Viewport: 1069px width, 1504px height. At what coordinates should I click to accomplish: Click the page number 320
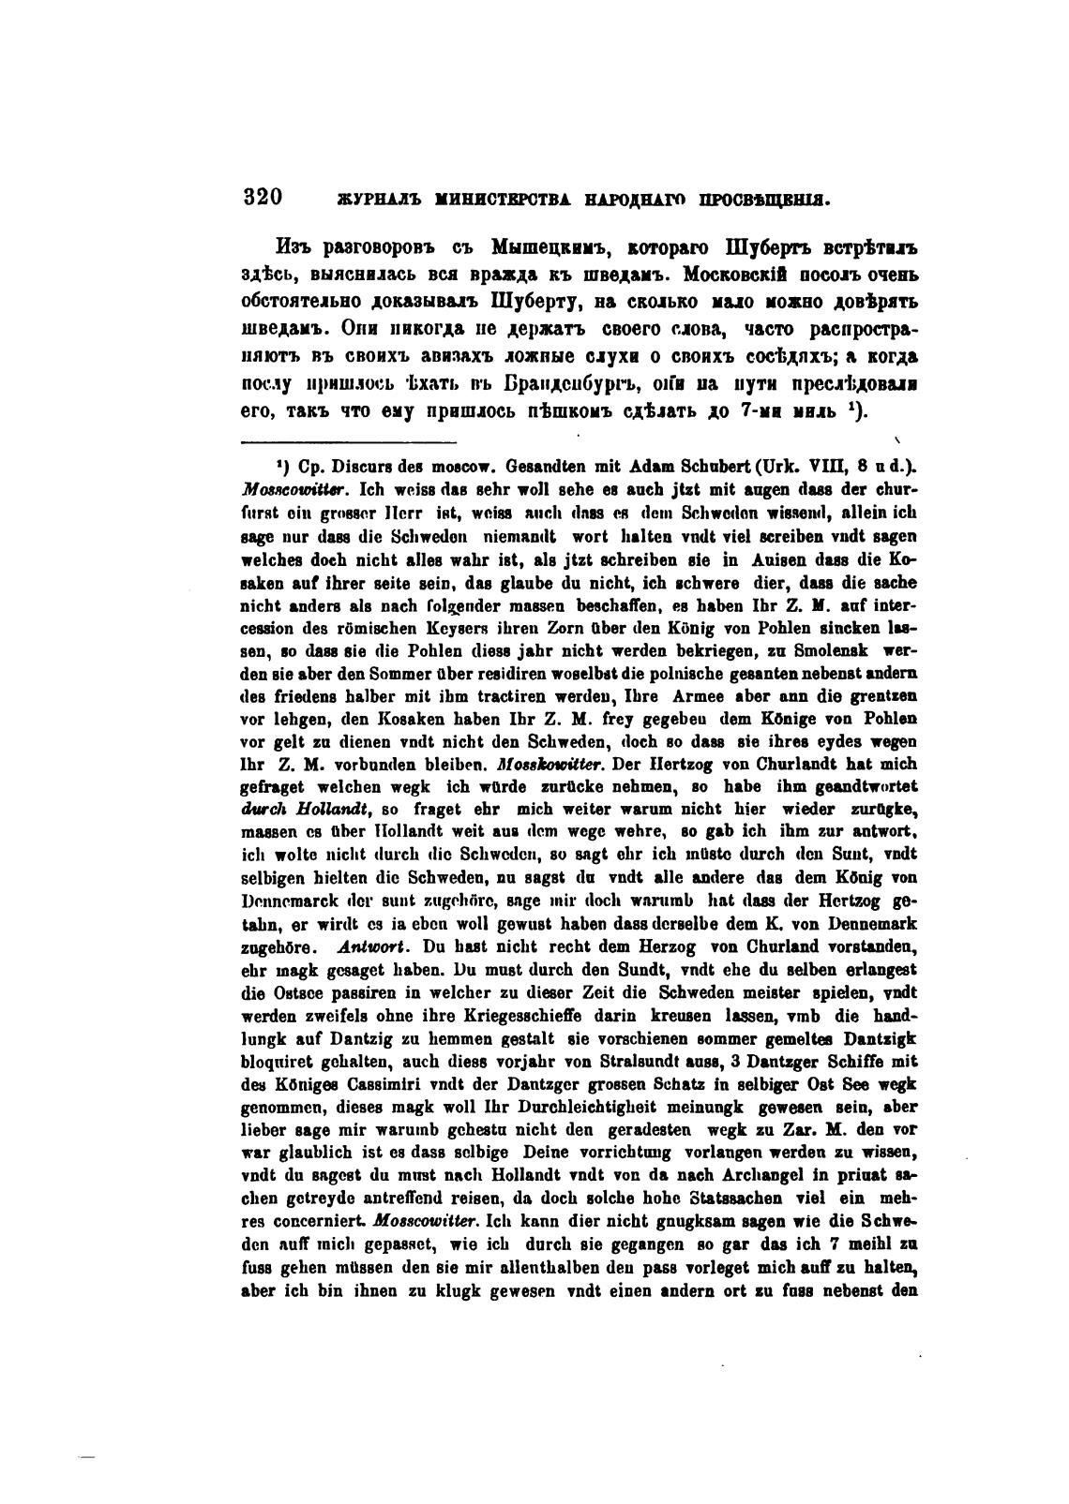[263, 198]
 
